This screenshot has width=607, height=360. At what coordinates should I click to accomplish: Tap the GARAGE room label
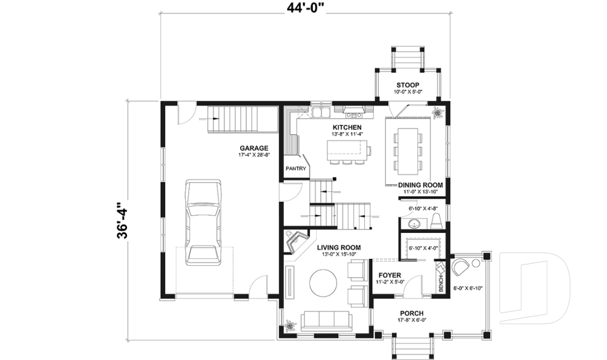(254, 148)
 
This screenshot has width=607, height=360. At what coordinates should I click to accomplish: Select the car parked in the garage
(204, 221)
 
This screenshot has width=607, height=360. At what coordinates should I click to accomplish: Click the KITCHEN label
(347, 127)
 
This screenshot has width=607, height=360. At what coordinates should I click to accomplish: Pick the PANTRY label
(296, 169)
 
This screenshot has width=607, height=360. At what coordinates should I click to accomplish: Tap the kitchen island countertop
(348, 149)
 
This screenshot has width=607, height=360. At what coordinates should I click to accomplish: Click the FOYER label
(391, 275)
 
